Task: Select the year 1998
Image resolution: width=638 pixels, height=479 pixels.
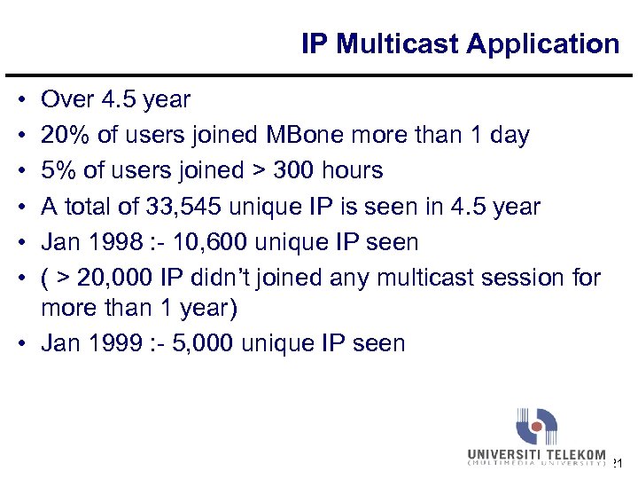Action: tap(111, 242)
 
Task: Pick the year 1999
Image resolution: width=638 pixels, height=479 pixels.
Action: tap(111, 343)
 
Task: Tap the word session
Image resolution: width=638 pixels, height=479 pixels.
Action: tap(517, 279)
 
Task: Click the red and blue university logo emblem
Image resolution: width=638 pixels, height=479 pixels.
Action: tap(537, 426)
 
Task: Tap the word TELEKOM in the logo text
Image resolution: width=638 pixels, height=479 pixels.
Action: tap(575, 454)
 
